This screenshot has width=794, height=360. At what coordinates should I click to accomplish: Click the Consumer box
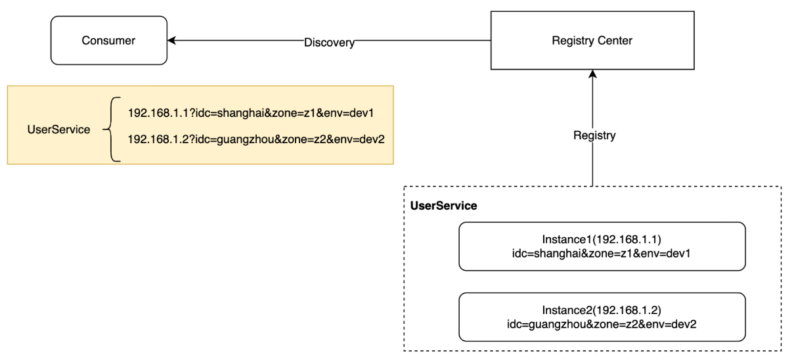point(109,41)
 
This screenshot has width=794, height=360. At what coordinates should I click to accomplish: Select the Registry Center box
point(592,41)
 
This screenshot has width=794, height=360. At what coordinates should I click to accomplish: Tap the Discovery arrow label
point(329,43)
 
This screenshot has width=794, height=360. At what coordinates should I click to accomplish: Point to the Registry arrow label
point(594,135)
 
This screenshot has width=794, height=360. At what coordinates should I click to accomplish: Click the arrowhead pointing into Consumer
point(171,41)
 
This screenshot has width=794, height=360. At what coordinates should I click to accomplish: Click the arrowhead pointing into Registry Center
point(592,74)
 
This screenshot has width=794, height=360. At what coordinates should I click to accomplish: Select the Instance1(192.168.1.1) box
point(602,246)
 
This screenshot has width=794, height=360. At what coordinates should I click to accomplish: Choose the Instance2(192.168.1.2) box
point(602,317)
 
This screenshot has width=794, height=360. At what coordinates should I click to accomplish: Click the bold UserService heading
point(443,206)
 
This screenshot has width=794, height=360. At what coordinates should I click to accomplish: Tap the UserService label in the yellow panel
point(58,129)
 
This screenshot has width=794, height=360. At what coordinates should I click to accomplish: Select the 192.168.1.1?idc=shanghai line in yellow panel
point(251,113)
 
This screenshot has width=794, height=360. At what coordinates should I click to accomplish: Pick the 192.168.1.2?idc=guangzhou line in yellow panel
point(256,139)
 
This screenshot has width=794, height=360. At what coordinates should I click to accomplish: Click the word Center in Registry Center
point(615,41)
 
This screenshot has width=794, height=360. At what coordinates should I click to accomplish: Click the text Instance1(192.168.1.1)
point(602,239)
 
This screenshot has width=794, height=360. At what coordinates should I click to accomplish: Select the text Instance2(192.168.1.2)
point(602,310)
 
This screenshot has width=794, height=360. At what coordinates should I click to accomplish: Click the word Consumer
point(108,41)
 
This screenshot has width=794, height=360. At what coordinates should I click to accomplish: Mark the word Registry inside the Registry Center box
point(573,41)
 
